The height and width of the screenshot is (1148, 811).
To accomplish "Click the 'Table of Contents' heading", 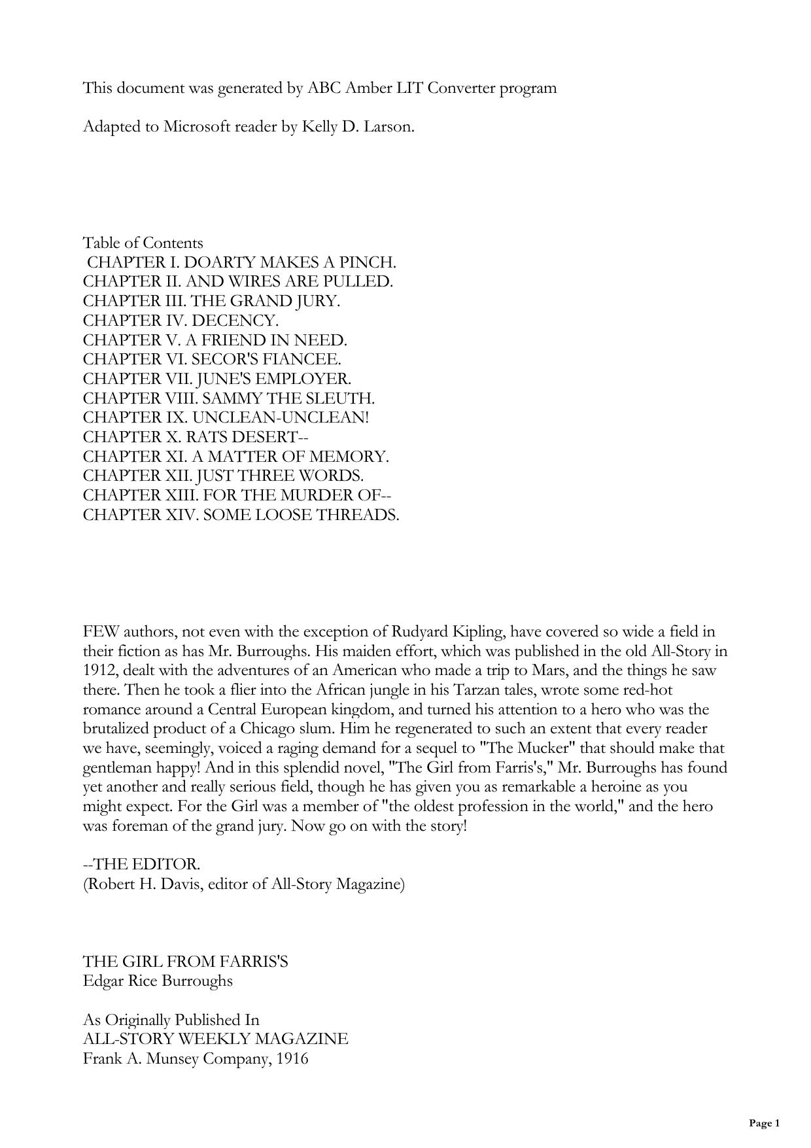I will point(143,243).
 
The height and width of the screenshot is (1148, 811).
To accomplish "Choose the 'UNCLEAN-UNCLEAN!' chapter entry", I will point(226,418).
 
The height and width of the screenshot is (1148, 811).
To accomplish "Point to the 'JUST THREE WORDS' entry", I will point(223,476).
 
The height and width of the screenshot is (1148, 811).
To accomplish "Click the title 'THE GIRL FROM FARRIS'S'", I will point(185,962).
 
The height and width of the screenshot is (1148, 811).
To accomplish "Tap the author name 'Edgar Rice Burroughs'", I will point(158,981).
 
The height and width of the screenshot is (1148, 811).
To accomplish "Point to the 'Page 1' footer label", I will point(764,1124).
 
